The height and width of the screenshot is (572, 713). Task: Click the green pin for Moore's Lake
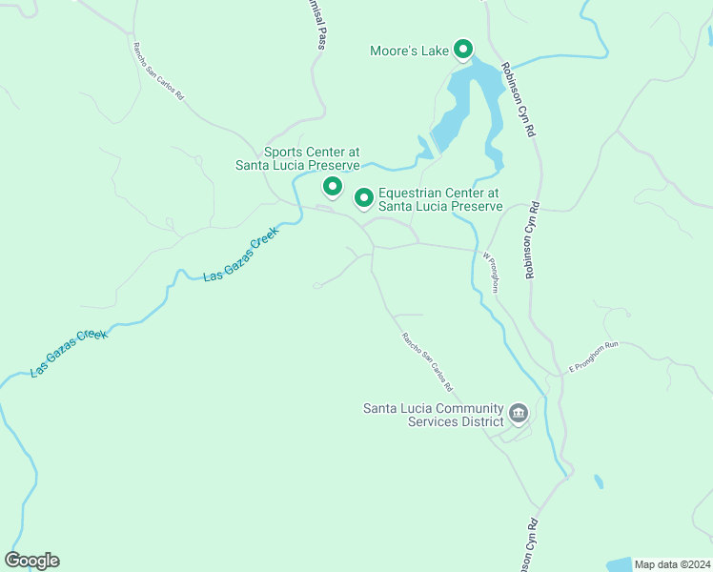pyautogui.click(x=463, y=49)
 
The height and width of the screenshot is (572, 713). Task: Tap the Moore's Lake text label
pyautogui.click(x=409, y=51)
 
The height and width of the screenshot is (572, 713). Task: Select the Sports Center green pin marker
pyautogui.click(x=333, y=186)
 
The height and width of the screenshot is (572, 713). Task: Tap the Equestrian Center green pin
pyautogui.click(x=363, y=197)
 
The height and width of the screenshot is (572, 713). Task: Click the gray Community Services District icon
pyautogui.click(x=518, y=413)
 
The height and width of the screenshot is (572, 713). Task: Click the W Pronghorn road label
pyautogui.click(x=490, y=272)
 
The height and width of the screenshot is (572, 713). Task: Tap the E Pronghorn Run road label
pyautogui.click(x=594, y=356)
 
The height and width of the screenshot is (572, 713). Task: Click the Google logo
pyautogui.click(x=31, y=560)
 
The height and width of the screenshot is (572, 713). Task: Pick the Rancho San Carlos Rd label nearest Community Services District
pyautogui.click(x=426, y=362)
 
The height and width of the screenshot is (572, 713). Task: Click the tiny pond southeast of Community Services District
pyautogui.click(x=598, y=481)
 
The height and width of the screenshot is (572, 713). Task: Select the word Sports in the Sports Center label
pyautogui.click(x=285, y=152)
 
